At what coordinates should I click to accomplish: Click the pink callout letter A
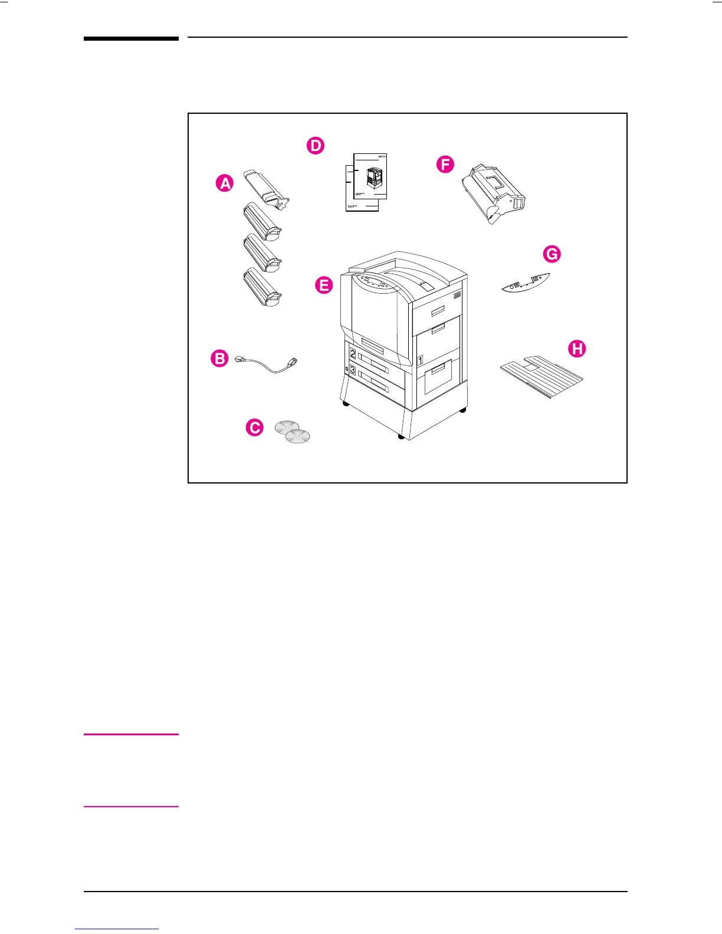click(x=225, y=183)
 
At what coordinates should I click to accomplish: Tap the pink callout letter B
click(x=219, y=359)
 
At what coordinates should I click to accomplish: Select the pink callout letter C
click(x=254, y=427)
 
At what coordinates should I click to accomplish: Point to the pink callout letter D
click(x=316, y=146)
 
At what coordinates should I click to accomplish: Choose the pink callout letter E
click(x=324, y=285)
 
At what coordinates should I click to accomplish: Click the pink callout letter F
click(x=445, y=164)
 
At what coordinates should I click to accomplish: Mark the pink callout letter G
click(x=552, y=254)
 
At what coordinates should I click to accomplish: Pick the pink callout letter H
click(x=577, y=348)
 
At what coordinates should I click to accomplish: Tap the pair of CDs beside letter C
click(x=293, y=432)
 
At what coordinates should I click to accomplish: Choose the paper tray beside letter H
click(x=541, y=376)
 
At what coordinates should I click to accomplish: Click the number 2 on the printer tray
click(x=353, y=354)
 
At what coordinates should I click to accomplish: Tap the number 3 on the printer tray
click(x=353, y=370)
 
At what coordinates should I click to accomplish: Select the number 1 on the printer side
click(x=420, y=359)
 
